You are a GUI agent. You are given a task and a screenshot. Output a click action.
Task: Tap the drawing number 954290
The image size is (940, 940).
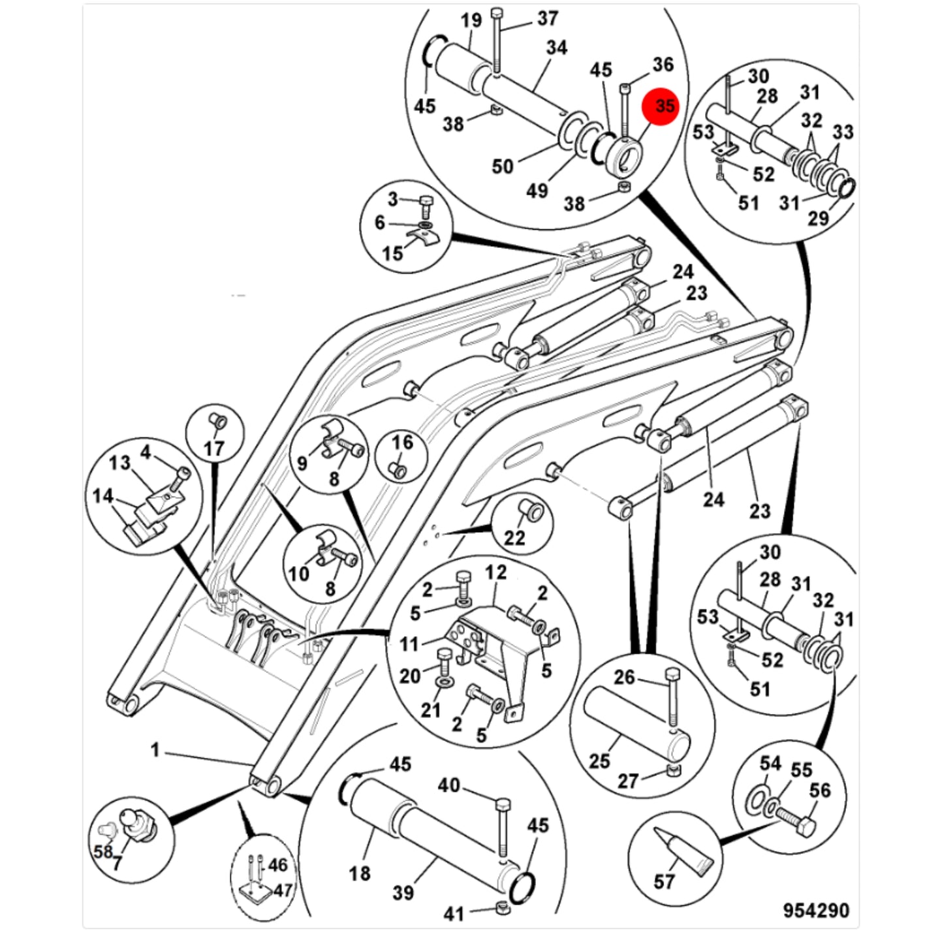point(815,897)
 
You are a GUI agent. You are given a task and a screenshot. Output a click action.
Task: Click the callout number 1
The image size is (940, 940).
point(155,750)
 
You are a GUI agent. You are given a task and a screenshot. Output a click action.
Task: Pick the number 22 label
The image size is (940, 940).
point(514,538)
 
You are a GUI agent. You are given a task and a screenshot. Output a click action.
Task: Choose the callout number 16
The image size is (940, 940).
point(402,443)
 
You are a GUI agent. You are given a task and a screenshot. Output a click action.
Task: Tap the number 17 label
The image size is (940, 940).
point(213,448)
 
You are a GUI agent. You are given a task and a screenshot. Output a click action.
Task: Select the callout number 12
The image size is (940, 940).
point(495,572)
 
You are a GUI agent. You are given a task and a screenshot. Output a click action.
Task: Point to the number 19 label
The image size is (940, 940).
point(471,20)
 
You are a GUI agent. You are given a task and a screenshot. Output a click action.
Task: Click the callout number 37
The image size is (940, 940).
point(547,18)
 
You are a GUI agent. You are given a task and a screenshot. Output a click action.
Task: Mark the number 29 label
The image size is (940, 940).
point(818,218)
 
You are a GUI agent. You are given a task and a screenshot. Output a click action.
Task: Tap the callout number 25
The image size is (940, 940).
point(599,761)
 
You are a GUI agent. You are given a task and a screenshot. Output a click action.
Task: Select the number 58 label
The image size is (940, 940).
point(103,851)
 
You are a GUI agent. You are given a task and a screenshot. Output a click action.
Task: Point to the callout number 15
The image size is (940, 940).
point(392,254)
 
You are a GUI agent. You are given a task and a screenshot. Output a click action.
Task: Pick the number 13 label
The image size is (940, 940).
point(119,462)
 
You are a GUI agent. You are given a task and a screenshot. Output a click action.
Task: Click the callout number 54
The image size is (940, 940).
point(770,763)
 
